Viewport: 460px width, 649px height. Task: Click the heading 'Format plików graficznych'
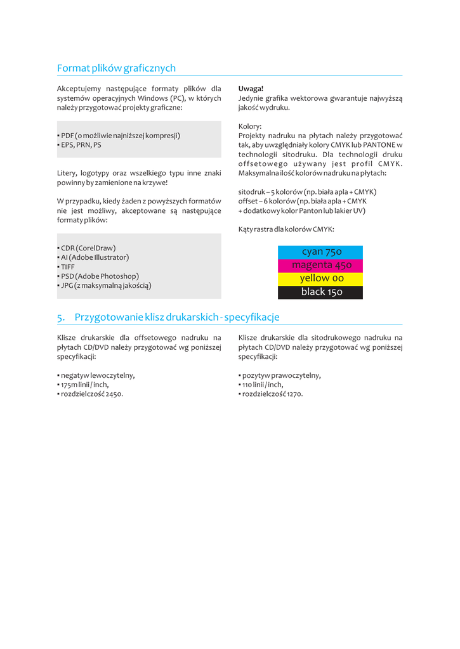click(x=116, y=68)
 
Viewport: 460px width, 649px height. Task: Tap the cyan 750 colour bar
click(x=320, y=252)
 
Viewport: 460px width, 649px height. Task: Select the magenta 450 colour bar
click(x=320, y=265)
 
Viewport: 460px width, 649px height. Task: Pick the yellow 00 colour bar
click(x=320, y=278)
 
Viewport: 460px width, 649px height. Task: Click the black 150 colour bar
click(x=320, y=292)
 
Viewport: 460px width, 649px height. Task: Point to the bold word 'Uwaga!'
click(x=251, y=89)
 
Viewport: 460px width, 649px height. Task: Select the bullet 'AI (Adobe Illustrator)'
click(x=93, y=257)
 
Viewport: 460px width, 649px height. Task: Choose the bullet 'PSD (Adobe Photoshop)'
click(x=98, y=276)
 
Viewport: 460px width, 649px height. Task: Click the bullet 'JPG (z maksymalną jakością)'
click(x=104, y=285)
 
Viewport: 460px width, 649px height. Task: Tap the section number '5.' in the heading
click(x=61, y=317)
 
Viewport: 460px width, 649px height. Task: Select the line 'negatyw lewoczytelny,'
click(x=96, y=375)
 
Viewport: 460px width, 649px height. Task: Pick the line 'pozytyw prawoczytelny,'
click(x=280, y=375)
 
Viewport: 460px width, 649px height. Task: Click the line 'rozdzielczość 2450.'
click(x=90, y=394)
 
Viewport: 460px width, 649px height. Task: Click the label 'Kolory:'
click(x=250, y=126)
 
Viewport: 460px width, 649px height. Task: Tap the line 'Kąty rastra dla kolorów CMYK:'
click(x=286, y=229)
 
